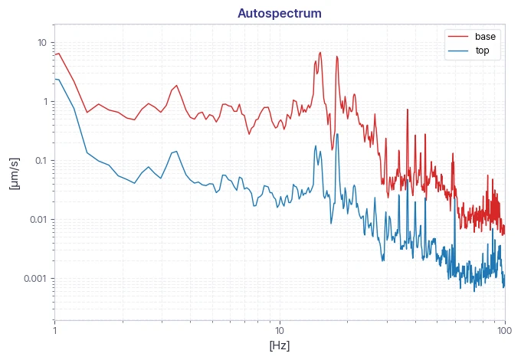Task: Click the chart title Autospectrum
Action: pyautogui.click(x=280, y=13)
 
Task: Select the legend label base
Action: pyautogui.click(x=485, y=36)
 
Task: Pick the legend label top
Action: pyautogui.click(x=482, y=51)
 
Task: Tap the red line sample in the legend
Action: pyautogui.click(x=458, y=36)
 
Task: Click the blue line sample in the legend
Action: pyautogui.click(x=458, y=51)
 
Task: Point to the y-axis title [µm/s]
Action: pyautogui.click(x=14, y=173)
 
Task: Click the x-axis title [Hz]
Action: pyautogui.click(x=280, y=345)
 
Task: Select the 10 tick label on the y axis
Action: pyautogui.click(x=42, y=43)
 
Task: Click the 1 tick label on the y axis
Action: pyautogui.click(x=45, y=102)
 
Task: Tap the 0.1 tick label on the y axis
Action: pyautogui.click(x=41, y=161)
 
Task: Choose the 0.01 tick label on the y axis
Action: pyautogui.click(x=38, y=220)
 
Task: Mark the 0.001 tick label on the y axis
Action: pyautogui.click(x=35, y=278)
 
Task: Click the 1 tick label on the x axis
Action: pyautogui.click(x=55, y=331)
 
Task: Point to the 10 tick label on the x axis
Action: pyautogui.click(x=280, y=331)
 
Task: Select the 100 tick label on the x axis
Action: pyautogui.click(x=505, y=331)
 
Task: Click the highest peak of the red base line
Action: pyautogui.click(x=320, y=53)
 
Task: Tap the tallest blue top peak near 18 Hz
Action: pyautogui.click(x=337, y=134)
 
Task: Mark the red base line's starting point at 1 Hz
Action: pyautogui.click(x=55, y=54)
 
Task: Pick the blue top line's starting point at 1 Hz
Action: pyautogui.click(x=55, y=79)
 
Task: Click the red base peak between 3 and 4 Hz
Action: pyautogui.click(x=177, y=85)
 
